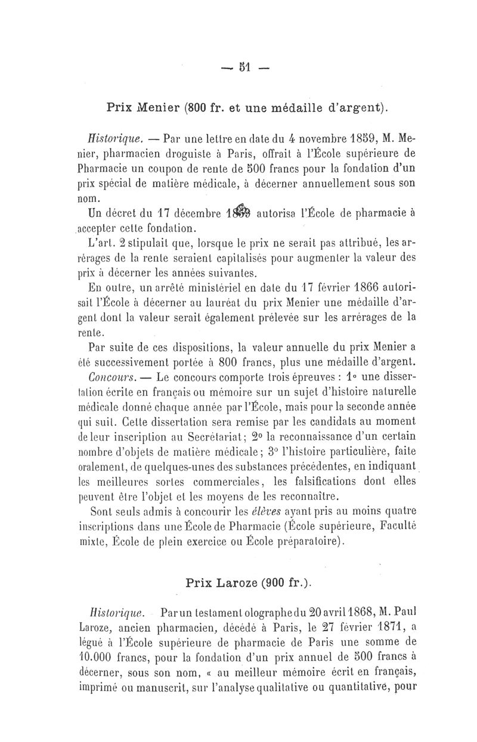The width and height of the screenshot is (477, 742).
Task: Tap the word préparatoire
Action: [x=306, y=541]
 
